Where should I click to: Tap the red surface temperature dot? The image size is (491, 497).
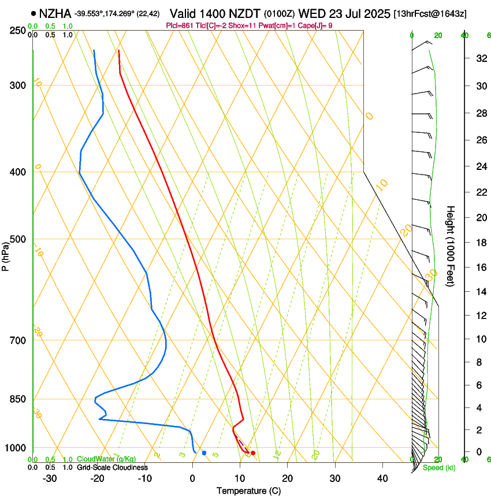coord(253,453)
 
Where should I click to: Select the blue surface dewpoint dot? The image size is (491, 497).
coord(204,453)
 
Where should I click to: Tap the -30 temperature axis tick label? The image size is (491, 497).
coord(50,479)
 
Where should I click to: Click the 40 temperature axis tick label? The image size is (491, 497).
coord(382,479)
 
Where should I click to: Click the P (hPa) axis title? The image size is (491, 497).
coord(6,255)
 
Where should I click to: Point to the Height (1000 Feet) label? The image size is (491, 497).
coord(451,246)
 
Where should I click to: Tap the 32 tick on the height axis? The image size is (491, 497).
coord(479,58)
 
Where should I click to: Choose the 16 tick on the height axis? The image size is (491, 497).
coord(479,268)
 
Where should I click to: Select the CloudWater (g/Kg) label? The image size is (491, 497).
coord(106,459)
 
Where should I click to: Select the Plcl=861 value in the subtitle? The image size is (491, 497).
coord(181,25)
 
